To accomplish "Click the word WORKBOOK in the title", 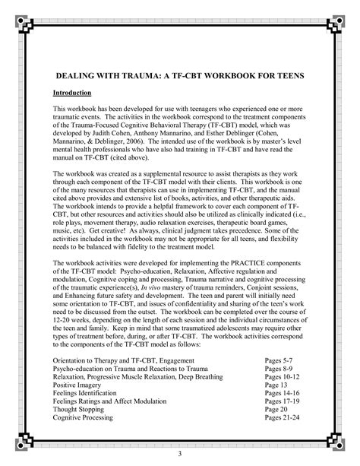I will tap(225, 76).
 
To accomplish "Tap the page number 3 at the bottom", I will tap(180, 455).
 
